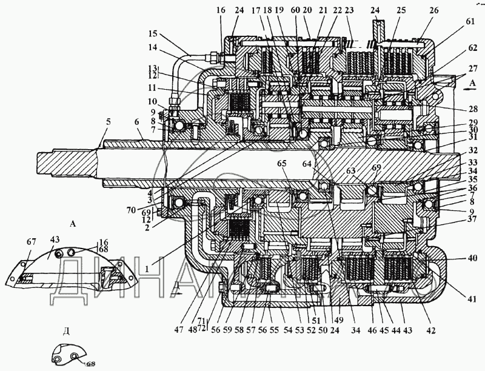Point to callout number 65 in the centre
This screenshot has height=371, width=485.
pyautogui.click(x=282, y=164)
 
